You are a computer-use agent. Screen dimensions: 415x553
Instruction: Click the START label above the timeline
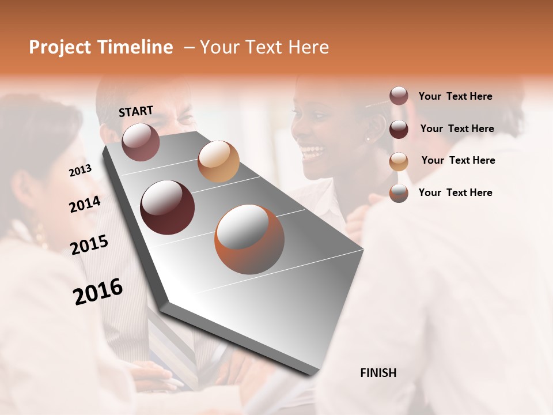click(x=136, y=111)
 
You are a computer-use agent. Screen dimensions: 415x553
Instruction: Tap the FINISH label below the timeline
click(x=378, y=373)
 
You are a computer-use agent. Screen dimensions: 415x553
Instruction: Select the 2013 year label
click(x=80, y=171)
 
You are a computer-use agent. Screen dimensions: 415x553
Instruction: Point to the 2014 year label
click(x=85, y=204)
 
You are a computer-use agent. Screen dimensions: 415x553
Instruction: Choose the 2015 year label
click(x=89, y=245)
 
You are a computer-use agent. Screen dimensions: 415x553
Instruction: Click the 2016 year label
click(x=98, y=292)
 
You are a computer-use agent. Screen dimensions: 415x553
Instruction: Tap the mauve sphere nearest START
click(x=141, y=142)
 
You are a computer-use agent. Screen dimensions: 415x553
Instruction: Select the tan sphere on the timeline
click(x=218, y=161)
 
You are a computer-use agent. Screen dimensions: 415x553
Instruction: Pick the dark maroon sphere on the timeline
click(x=167, y=207)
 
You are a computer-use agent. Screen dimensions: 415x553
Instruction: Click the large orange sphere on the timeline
click(x=249, y=239)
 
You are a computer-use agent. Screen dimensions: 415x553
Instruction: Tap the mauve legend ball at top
click(x=399, y=96)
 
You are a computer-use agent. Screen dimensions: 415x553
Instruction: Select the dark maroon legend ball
click(x=399, y=129)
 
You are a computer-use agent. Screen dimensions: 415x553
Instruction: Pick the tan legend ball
click(x=399, y=161)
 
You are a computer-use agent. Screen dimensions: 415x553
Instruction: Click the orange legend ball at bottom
click(x=399, y=193)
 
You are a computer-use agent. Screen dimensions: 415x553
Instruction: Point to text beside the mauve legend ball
click(x=455, y=96)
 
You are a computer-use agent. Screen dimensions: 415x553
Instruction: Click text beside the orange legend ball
click(x=455, y=193)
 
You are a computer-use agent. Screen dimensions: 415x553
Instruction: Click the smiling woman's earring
click(x=368, y=138)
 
